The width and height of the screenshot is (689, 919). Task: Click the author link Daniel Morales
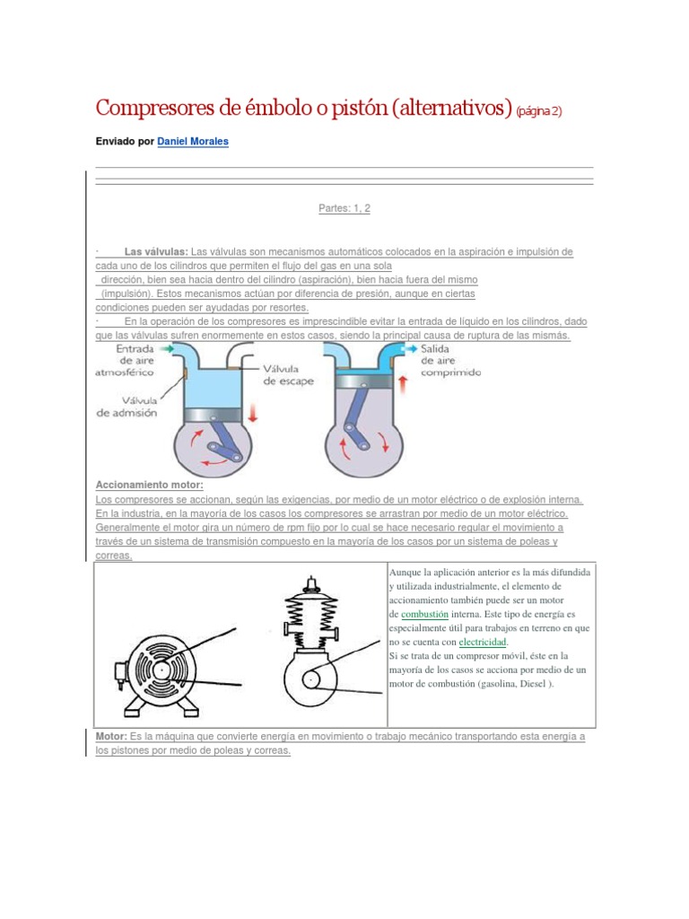(192, 142)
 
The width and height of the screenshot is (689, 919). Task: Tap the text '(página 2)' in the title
(540, 110)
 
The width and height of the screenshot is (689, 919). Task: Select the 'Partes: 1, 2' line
(344, 208)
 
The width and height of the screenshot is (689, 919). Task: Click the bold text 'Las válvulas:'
(156, 252)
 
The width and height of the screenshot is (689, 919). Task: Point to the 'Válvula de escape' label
(290, 374)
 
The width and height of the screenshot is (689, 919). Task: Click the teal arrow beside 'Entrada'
(168, 347)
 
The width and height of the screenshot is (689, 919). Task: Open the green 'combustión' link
(424, 614)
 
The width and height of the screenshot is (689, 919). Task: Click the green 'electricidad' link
(483, 643)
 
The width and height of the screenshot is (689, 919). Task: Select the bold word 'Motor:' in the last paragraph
(111, 736)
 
